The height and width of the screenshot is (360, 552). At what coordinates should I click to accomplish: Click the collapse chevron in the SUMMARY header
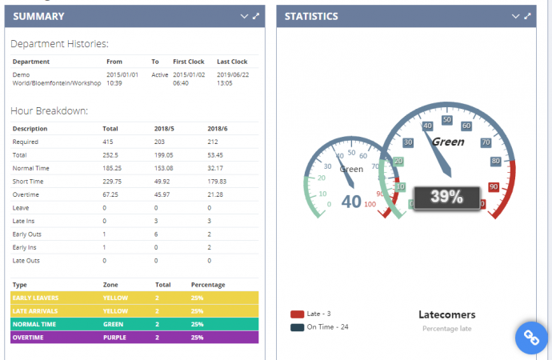[x=244, y=16]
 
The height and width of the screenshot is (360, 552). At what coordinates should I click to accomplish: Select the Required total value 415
[x=109, y=142]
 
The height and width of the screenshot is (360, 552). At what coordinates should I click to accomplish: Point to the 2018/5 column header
[x=163, y=128]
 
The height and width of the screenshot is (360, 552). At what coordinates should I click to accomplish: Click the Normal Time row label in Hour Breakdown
[x=30, y=168]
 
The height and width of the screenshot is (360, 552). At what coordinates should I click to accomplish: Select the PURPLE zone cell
[x=114, y=337]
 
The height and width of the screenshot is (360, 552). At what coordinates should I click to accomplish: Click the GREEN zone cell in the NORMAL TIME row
[x=113, y=324]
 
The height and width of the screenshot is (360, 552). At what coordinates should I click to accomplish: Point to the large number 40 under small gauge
[x=351, y=202]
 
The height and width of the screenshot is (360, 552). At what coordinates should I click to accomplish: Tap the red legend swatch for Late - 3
[x=297, y=314]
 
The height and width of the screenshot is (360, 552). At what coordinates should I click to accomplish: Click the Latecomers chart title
[x=447, y=315]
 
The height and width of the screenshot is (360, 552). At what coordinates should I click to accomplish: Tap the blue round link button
[x=530, y=338]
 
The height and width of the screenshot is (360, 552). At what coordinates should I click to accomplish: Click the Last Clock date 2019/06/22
[x=232, y=74]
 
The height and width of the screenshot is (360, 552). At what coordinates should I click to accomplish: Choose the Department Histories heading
[x=60, y=44]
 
